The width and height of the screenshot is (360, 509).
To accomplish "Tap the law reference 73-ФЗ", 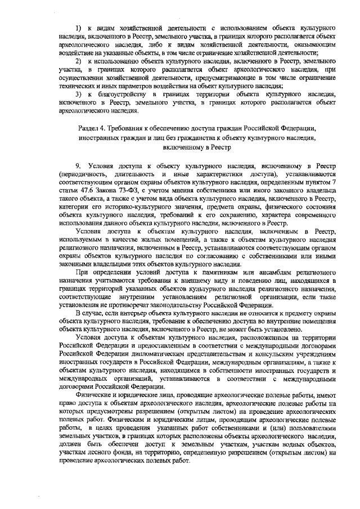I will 124,191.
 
